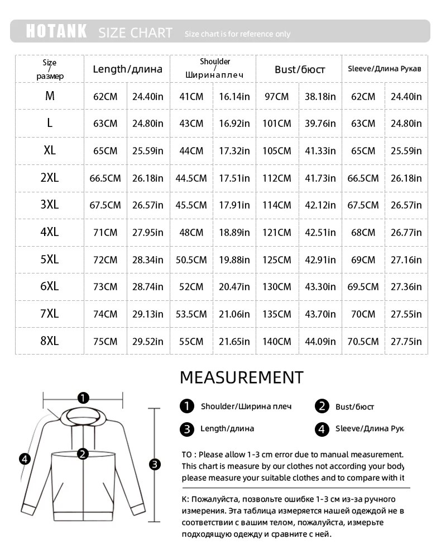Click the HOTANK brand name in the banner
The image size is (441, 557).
[x=56, y=31]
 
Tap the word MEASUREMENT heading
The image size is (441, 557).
[x=241, y=377]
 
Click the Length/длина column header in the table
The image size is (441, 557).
[x=127, y=69]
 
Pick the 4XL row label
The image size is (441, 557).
[x=50, y=233]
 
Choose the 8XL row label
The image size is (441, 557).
[x=50, y=341]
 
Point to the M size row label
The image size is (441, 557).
[x=50, y=96]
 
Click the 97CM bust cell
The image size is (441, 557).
[x=276, y=97]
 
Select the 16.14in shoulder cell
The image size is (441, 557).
[x=234, y=97]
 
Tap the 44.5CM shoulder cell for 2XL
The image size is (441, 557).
[x=191, y=178]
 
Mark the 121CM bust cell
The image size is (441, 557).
[x=277, y=233]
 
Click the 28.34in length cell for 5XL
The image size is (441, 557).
[x=148, y=260]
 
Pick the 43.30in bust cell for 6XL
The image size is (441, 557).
[x=320, y=287]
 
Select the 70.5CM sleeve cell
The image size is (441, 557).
[x=363, y=341]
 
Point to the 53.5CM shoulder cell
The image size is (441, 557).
[x=191, y=314]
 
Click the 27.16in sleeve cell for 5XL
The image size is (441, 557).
[x=406, y=260]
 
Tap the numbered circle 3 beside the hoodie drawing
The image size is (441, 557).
[x=155, y=464]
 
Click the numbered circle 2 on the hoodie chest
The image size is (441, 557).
[x=83, y=454]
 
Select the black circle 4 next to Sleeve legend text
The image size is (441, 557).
[x=322, y=429]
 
